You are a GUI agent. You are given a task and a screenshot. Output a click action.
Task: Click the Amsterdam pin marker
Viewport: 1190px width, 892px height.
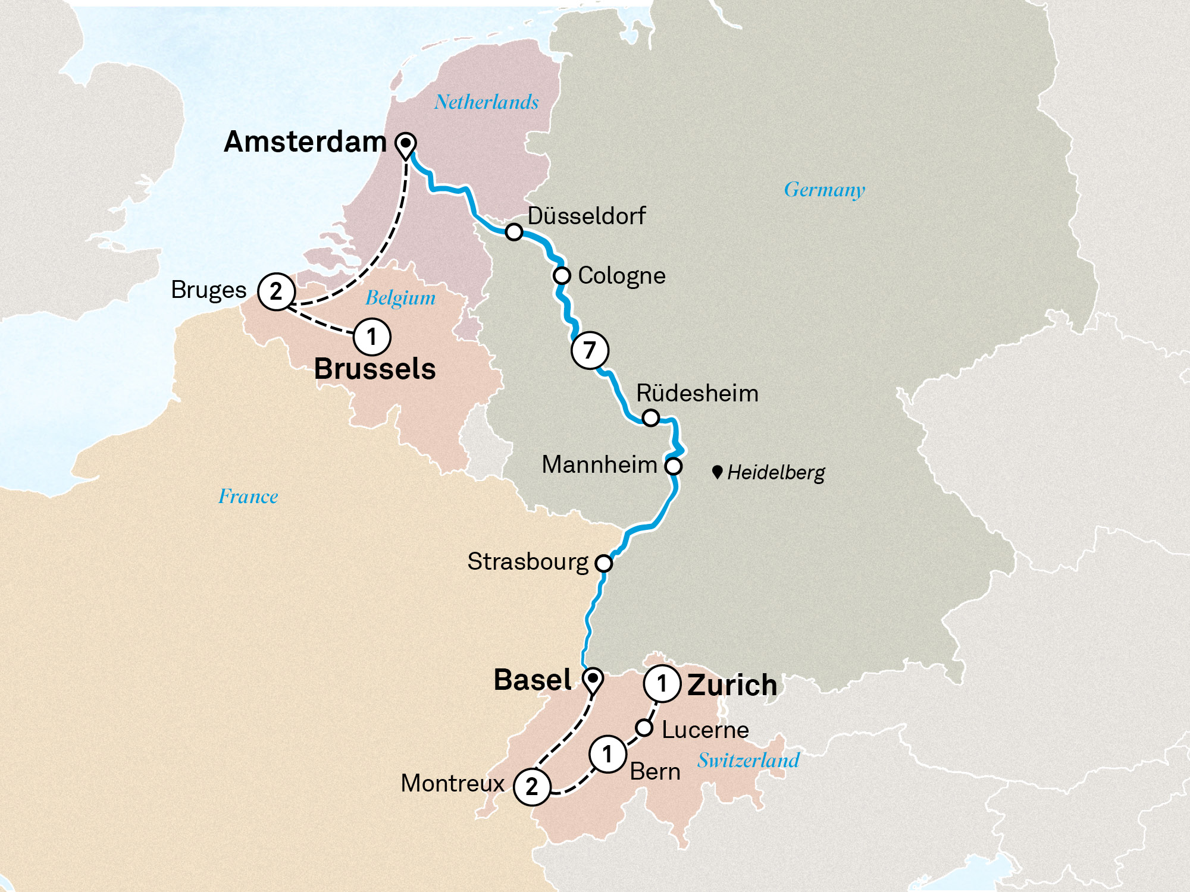click(406, 144)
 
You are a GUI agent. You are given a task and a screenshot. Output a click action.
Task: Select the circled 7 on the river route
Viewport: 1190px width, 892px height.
click(590, 350)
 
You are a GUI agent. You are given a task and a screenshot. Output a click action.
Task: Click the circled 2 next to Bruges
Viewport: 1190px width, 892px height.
click(276, 291)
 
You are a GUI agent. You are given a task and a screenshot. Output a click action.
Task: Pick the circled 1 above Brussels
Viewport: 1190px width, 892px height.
click(372, 337)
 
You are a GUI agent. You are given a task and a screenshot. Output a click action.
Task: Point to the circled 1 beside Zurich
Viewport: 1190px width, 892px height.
click(662, 684)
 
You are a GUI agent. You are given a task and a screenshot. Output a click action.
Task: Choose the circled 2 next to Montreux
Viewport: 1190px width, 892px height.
click(532, 786)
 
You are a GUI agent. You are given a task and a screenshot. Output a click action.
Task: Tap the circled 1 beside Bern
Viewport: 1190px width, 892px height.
click(607, 754)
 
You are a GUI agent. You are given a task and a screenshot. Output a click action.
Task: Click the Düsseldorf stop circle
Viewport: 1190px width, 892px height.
click(514, 231)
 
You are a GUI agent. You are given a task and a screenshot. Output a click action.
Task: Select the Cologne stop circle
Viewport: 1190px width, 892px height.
click(562, 276)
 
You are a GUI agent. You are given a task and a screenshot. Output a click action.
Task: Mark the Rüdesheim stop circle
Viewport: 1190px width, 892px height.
click(651, 418)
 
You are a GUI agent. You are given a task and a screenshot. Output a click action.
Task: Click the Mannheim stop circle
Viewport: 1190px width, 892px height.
click(673, 466)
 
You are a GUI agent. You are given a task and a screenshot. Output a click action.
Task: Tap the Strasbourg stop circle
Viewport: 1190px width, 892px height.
click(603, 563)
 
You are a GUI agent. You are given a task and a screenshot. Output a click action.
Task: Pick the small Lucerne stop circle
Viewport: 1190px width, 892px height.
click(644, 727)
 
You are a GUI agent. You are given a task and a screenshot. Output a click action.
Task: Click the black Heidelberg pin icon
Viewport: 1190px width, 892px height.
click(717, 472)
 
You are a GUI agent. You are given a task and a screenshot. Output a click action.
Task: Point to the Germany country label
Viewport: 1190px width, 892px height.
click(824, 190)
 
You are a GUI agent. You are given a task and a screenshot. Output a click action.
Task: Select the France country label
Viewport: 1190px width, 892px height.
click(248, 496)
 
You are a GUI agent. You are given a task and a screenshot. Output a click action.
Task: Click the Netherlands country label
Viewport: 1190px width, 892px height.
click(486, 102)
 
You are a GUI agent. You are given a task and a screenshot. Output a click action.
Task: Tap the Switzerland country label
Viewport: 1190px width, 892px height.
click(748, 760)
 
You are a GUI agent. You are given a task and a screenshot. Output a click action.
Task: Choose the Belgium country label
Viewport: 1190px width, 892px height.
click(400, 297)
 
